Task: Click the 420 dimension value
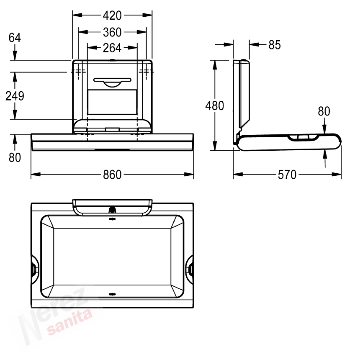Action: [x=112, y=15]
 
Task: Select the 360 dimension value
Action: [x=112, y=32]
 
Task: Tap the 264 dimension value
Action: [x=112, y=48]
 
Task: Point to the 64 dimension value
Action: [x=15, y=38]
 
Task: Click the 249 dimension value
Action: [x=15, y=96]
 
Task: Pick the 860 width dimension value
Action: [x=112, y=175]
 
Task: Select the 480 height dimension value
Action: [x=215, y=106]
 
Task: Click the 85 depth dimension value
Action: [x=275, y=45]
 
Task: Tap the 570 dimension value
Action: [x=287, y=175]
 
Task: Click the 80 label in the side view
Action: [x=324, y=111]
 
